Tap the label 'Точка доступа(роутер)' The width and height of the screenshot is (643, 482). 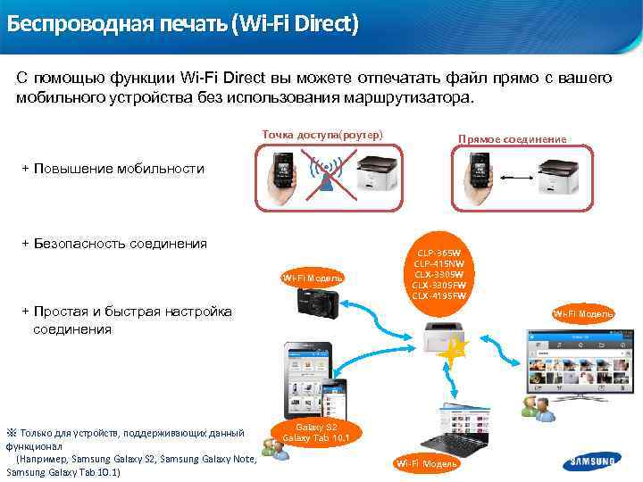click(x=322, y=134)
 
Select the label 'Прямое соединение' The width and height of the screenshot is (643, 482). click(x=512, y=139)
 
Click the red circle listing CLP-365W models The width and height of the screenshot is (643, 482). click(x=444, y=270)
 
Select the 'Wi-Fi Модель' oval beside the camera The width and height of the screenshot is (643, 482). click(x=313, y=278)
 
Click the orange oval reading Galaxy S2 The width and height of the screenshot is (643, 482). click(x=315, y=432)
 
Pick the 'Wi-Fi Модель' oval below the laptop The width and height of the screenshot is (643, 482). click(x=427, y=463)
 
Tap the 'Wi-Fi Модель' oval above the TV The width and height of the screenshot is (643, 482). click(x=582, y=313)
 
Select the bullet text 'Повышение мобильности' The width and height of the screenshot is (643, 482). click(x=119, y=168)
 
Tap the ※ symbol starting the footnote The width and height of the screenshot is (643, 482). click(x=12, y=433)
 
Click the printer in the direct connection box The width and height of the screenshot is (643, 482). click(x=561, y=176)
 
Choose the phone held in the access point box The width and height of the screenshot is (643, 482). click(x=284, y=173)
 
